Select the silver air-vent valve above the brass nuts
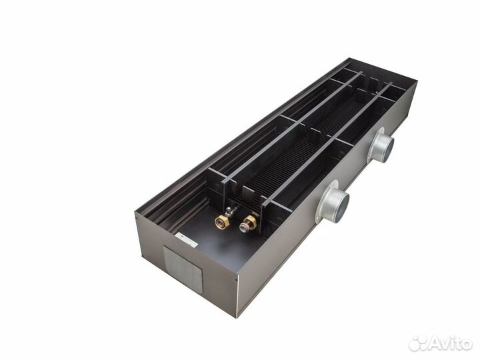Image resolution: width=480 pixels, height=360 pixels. click(x=230, y=211)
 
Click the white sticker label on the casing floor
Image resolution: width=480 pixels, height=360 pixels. click(x=187, y=240)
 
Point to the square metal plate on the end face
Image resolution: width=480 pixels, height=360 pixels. click(x=183, y=268)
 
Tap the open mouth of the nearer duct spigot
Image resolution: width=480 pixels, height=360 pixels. click(x=342, y=207)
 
